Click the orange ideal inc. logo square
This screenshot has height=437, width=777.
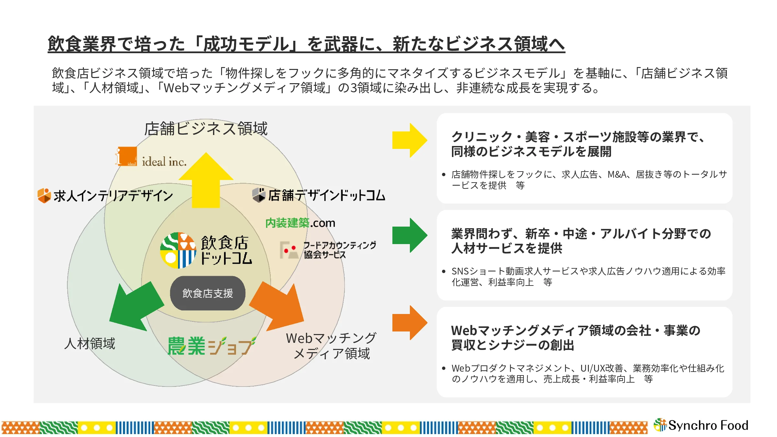point(127,156)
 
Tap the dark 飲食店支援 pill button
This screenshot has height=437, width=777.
point(208,293)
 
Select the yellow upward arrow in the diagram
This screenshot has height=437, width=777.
point(206,180)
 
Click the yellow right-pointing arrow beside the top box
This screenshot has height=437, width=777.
point(410,140)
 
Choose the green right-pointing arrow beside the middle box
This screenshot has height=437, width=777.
point(410,235)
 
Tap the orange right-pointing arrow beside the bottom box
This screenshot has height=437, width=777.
point(410,323)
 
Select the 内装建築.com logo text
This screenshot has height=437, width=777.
point(300,223)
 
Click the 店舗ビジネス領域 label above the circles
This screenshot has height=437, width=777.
point(206,129)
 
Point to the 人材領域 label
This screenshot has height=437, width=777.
point(90,343)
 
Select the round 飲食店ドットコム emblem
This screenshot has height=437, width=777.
point(178,250)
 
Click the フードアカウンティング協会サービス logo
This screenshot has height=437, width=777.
point(328,250)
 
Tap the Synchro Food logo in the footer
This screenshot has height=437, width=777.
point(701,425)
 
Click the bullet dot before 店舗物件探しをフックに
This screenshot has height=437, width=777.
point(444,175)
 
